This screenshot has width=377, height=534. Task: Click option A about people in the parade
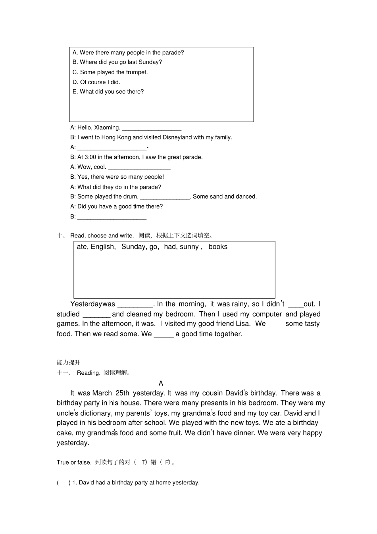[128, 52]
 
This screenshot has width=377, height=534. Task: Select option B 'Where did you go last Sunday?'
[117, 62]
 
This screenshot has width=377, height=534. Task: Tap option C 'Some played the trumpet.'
[110, 72]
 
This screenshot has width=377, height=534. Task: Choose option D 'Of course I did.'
[96, 82]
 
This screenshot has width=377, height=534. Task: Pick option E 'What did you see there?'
[108, 92]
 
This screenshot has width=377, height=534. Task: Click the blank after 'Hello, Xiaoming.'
[152, 128]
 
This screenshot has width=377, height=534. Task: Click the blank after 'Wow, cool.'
[139, 168]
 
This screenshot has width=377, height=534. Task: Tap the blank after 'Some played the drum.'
[165, 197]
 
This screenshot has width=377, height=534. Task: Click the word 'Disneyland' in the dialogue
[177, 137]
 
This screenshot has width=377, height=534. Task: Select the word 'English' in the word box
[103, 247]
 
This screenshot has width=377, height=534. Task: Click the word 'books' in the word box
[218, 247]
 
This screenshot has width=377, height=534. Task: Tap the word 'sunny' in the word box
[189, 247]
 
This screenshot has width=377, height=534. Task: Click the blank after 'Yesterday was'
[135, 305]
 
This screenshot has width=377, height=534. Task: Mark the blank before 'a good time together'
[163, 335]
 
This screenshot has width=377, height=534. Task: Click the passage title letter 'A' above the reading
[161, 384]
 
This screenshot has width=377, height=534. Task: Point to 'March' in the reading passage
[102, 393]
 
